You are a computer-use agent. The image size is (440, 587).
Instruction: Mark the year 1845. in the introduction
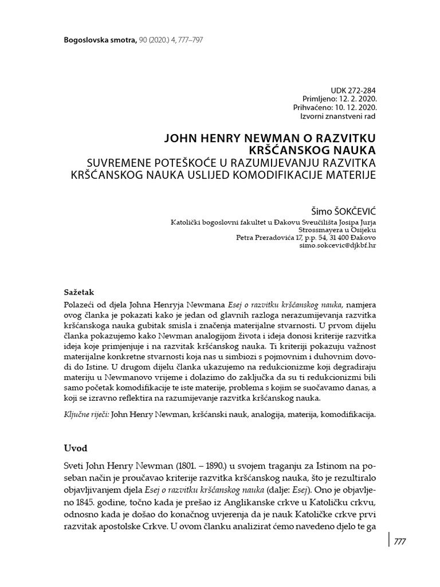[x=74, y=502]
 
